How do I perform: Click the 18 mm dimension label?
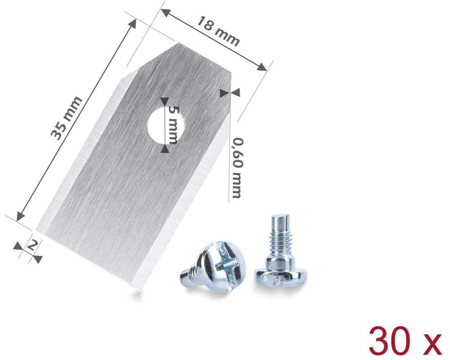tap(218, 31)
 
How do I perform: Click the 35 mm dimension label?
tap(66, 118)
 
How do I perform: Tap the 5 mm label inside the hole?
tap(172, 125)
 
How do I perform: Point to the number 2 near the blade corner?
tap(32, 245)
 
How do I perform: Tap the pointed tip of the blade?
tap(179, 43)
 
